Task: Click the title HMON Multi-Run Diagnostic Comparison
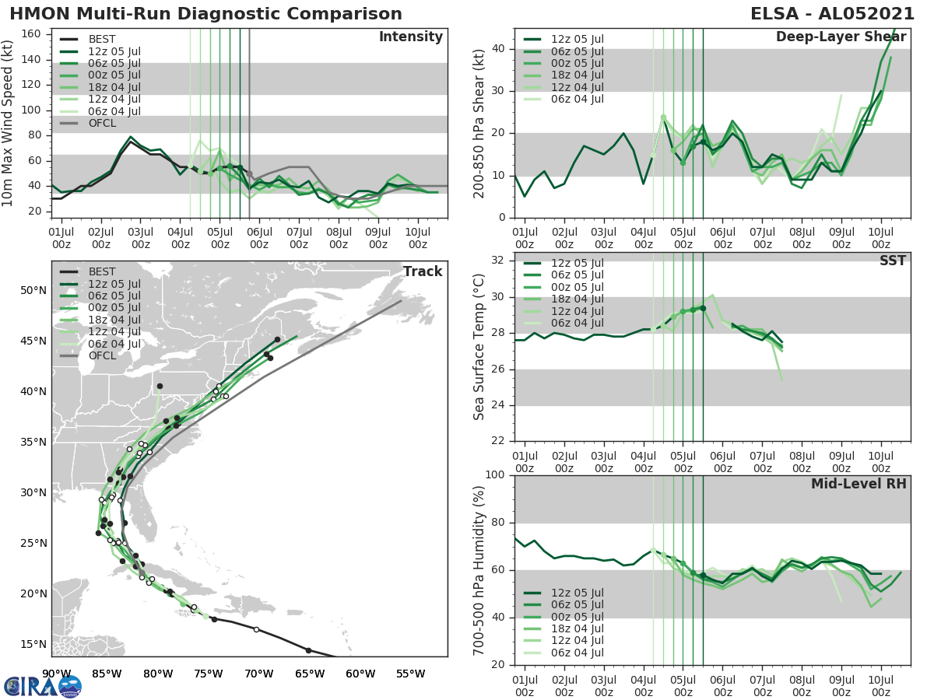pyautogui.click(x=205, y=14)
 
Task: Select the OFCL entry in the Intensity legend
pyautogui.click(x=102, y=124)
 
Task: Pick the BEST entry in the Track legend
pyautogui.click(x=102, y=271)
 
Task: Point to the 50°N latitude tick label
pyautogui.click(x=33, y=291)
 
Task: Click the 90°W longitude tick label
pyautogui.click(x=56, y=674)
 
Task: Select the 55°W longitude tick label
pyautogui.click(x=410, y=674)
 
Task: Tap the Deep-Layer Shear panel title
pyautogui.click(x=841, y=37)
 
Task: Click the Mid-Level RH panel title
pyautogui.click(x=859, y=484)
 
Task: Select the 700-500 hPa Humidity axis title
pyautogui.click(x=480, y=570)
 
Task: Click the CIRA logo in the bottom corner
pyautogui.click(x=42, y=685)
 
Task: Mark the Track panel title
pyautogui.click(x=422, y=271)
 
